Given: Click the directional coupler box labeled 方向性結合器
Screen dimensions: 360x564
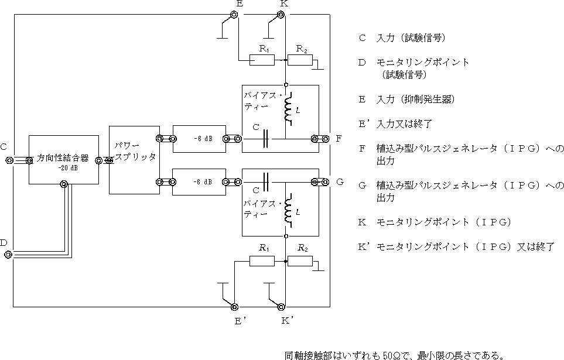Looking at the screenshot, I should (x=63, y=160).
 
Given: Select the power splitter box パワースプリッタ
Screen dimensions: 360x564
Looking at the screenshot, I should (x=135, y=159).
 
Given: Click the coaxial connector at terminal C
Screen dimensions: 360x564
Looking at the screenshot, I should (x=9, y=160).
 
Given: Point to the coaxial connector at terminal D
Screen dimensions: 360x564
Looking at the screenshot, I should (x=8, y=254).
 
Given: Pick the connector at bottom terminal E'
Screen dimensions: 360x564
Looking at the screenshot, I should (x=234, y=307).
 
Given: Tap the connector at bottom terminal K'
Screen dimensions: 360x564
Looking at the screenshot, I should (x=281, y=307).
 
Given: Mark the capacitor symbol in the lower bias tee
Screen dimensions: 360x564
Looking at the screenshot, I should (x=267, y=181).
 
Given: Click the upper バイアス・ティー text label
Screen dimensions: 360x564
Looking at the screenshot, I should (x=262, y=100).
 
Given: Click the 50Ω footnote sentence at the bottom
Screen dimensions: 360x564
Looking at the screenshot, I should (x=394, y=355).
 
